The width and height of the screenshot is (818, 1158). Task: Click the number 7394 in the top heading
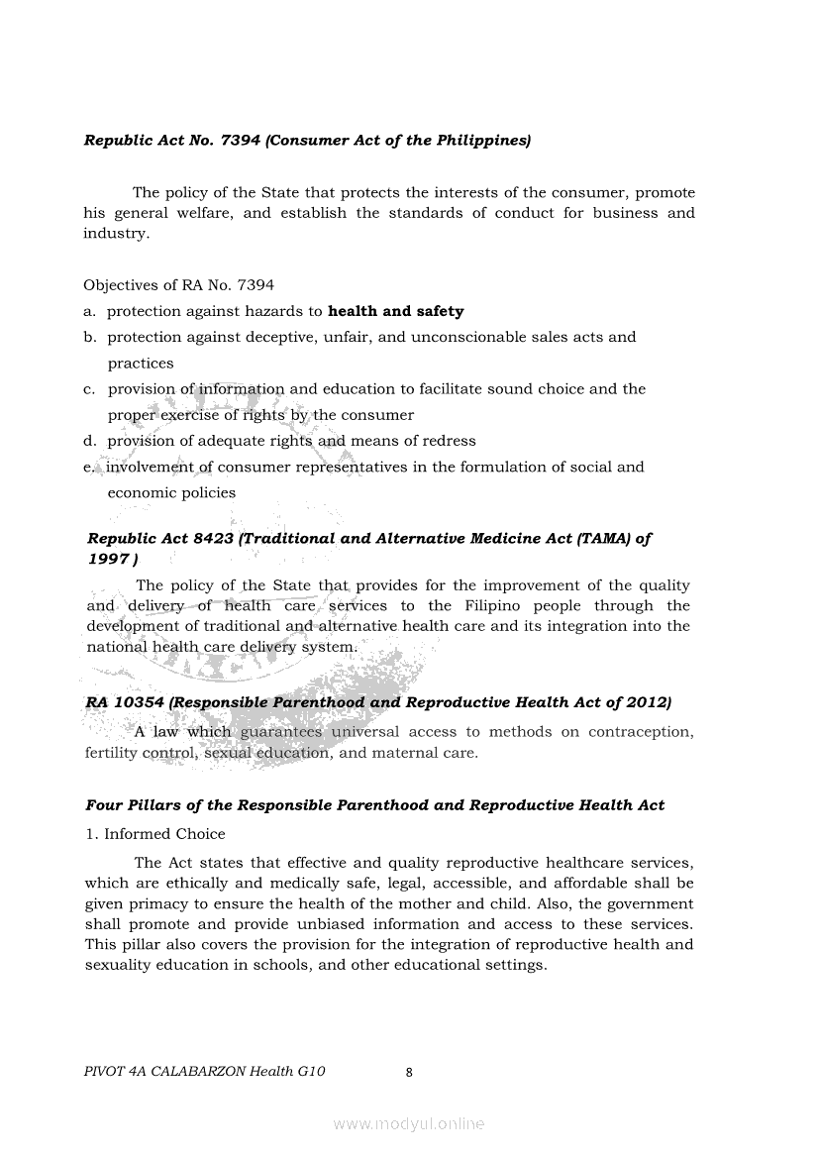click(240, 141)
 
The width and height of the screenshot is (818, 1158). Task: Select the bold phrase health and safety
click(395, 311)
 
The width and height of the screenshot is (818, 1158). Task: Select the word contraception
click(640, 732)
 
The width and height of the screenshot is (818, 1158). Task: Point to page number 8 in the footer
click(409, 1071)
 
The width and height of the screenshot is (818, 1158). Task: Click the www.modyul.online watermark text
click(409, 1124)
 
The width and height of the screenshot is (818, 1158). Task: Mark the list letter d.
click(89, 441)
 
